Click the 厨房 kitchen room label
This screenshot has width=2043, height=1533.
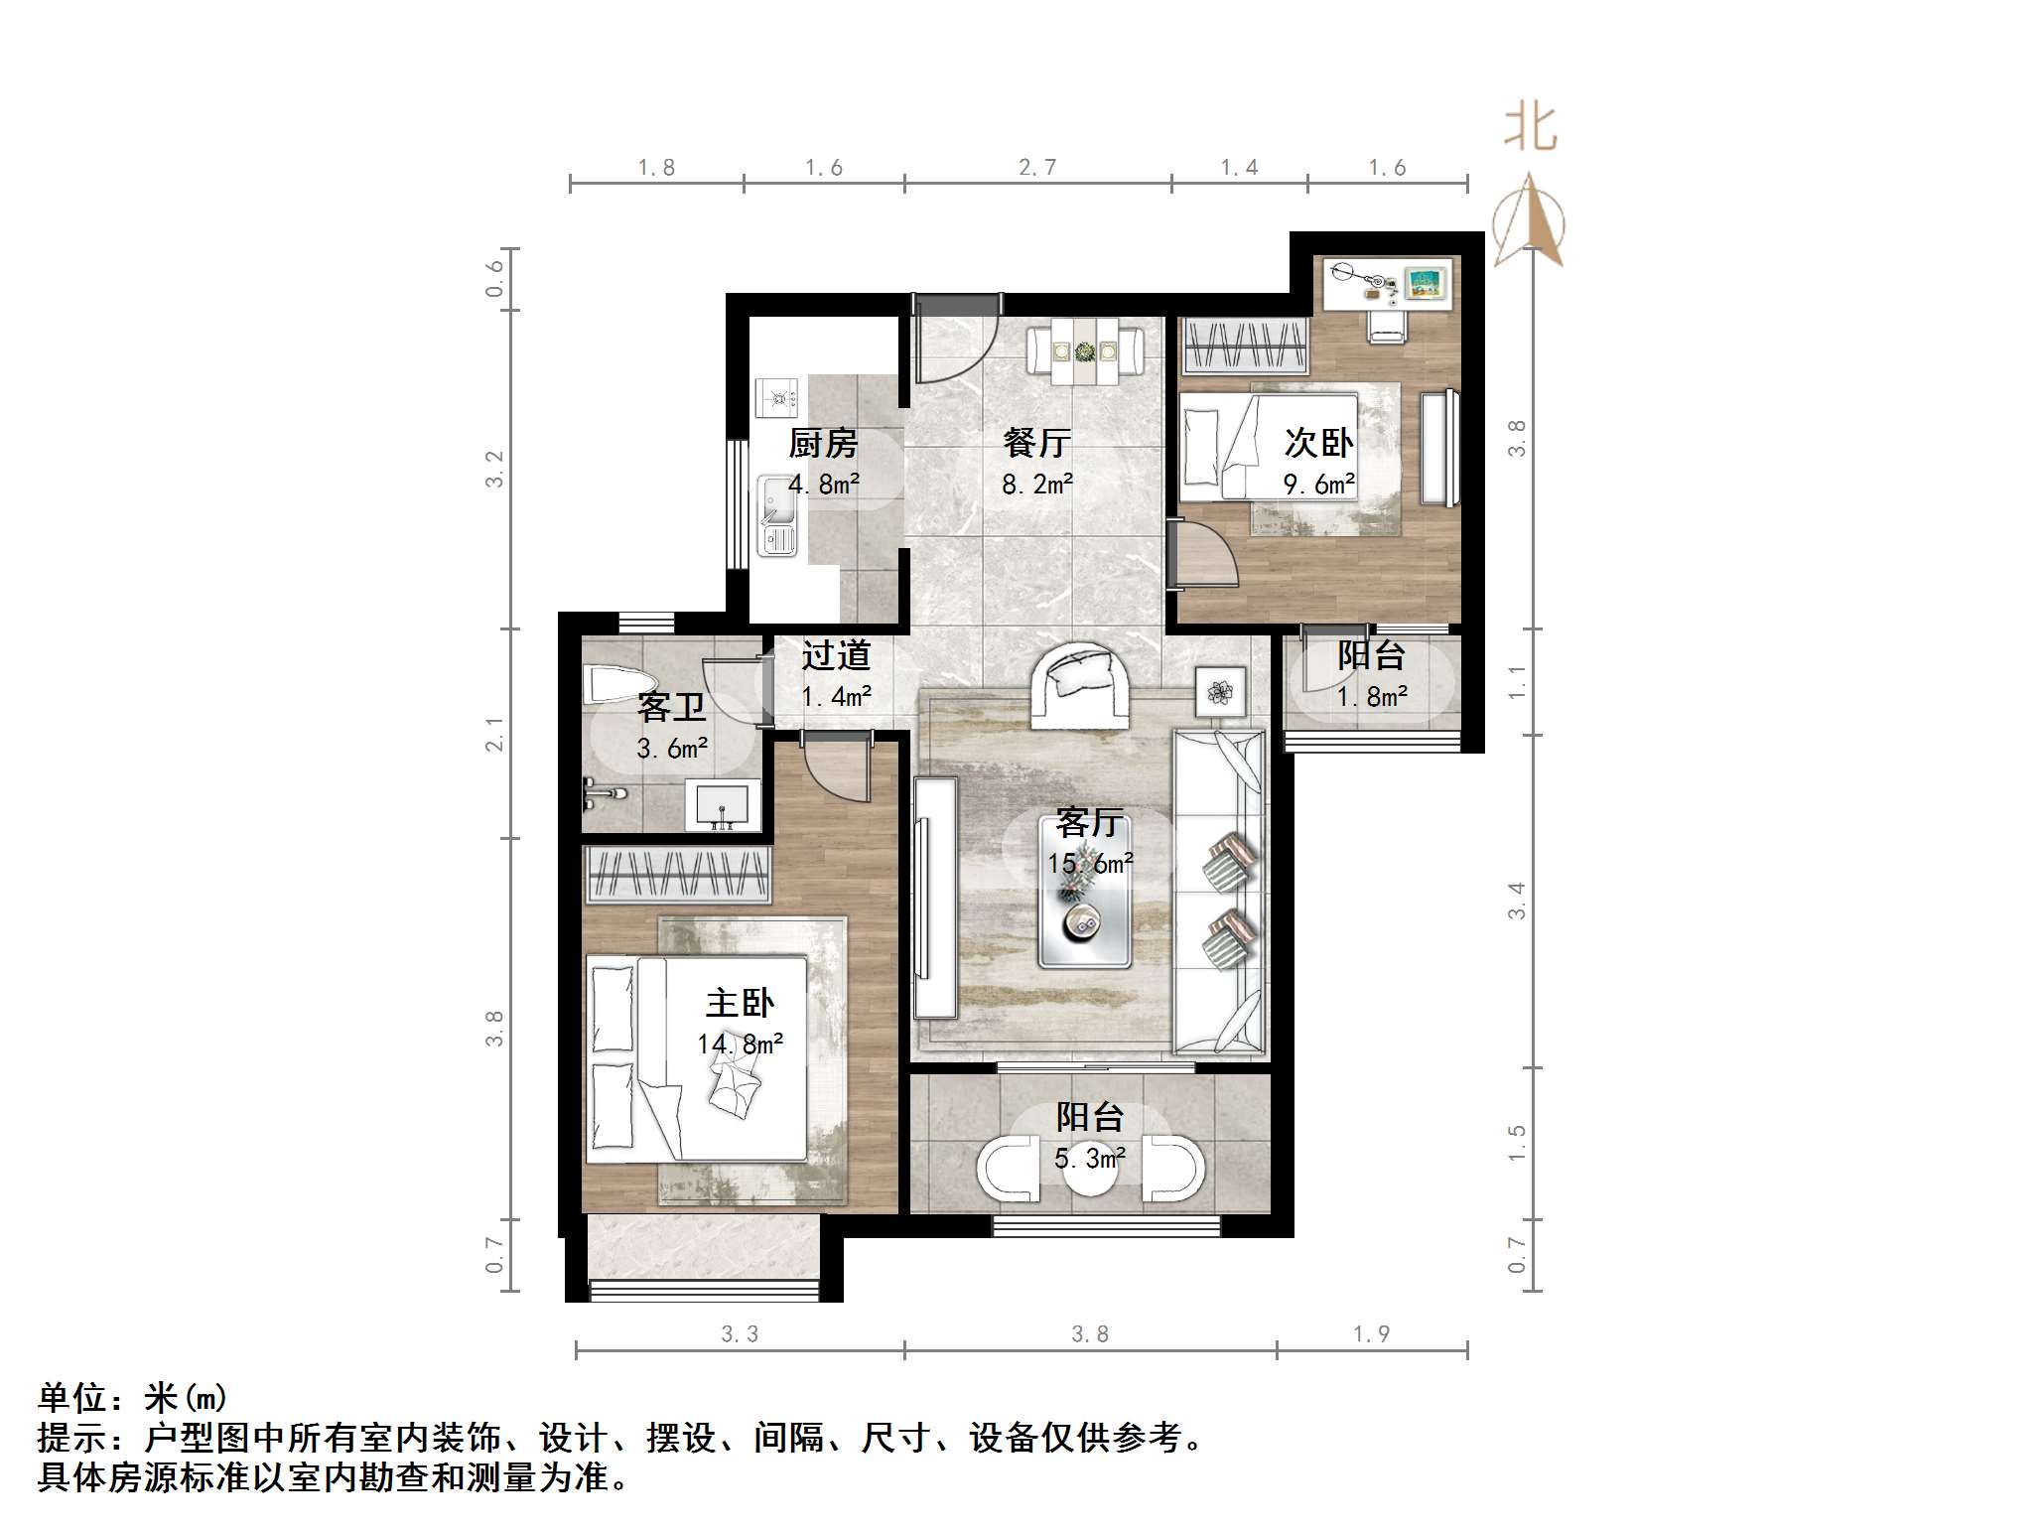[x=823, y=443]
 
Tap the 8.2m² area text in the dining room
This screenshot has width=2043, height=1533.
[x=1037, y=485]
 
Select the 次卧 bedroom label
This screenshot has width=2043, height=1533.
[x=1318, y=443]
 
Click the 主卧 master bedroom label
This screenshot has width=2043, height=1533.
[x=740, y=1003]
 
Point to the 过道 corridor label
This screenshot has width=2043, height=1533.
[x=836, y=655]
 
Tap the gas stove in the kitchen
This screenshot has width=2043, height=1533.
[x=777, y=398]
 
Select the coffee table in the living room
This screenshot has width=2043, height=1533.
[x=1085, y=892]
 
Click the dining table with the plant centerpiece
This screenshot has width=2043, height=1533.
[x=1085, y=350]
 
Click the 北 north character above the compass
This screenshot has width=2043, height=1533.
[x=1530, y=130]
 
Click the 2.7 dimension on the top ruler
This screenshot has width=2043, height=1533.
[x=1037, y=168]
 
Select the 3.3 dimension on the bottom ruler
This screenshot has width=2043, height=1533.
[x=740, y=1334]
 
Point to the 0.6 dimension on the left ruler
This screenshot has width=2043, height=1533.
[x=494, y=279]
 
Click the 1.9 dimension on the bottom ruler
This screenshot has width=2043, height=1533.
[x=1372, y=1334]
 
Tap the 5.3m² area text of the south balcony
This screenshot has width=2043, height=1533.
[x=1089, y=1159]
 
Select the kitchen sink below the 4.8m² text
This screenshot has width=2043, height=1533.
[x=777, y=513]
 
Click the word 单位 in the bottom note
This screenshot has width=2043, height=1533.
[x=72, y=1398]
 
